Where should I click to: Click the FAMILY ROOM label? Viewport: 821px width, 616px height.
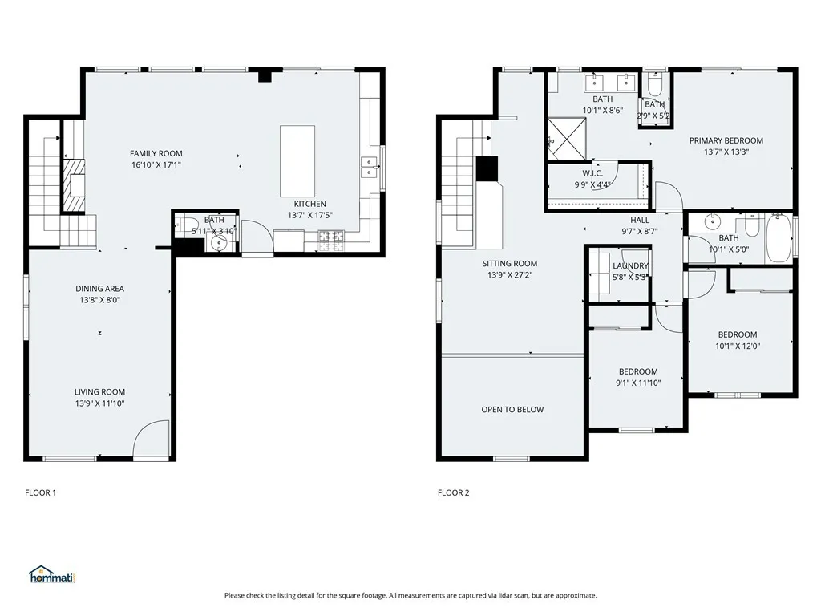[x=156, y=153]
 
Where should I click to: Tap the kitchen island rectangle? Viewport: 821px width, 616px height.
[x=297, y=160]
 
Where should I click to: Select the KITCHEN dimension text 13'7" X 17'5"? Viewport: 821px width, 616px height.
[x=309, y=215]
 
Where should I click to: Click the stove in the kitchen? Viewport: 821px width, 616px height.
[x=331, y=236]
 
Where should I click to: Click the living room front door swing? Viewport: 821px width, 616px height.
[x=151, y=441]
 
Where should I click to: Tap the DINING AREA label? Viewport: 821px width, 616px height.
[x=99, y=289]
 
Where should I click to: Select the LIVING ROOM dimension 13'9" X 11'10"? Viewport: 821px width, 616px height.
[x=99, y=403]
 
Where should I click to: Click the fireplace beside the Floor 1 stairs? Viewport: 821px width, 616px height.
[x=74, y=186]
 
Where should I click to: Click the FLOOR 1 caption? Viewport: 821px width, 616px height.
[x=41, y=492]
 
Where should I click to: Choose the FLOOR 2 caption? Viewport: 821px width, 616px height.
[x=453, y=492]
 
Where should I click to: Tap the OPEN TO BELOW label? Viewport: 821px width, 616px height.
[x=512, y=410]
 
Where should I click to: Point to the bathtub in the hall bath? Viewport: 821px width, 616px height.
[x=779, y=237]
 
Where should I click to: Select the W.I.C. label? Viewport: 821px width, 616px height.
[x=592, y=173]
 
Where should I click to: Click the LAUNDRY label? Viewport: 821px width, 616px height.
[x=630, y=266]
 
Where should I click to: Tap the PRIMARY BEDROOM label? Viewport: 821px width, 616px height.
[x=726, y=140]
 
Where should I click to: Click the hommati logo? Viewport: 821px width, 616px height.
[x=51, y=574]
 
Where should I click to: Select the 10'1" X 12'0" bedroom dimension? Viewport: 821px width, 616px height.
[x=737, y=346]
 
